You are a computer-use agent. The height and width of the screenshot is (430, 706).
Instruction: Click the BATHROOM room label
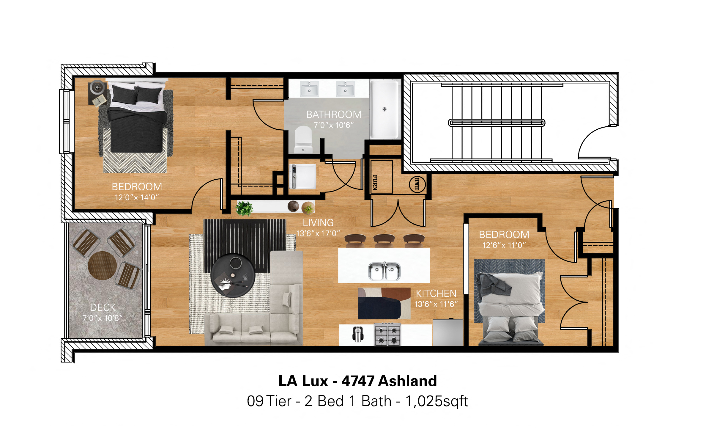coord(334,114)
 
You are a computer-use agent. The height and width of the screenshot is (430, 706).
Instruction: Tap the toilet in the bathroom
coord(303,139)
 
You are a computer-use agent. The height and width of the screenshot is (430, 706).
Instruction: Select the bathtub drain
coord(384,109)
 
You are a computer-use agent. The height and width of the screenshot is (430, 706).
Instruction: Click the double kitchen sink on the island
coord(384,271)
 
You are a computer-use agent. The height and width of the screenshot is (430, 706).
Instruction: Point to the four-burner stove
coord(387,335)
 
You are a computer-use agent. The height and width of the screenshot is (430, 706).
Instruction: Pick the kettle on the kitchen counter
coord(358,334)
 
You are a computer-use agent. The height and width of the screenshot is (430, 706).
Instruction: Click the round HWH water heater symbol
coord(417,184)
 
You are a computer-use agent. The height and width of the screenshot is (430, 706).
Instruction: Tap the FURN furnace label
coord(375,182)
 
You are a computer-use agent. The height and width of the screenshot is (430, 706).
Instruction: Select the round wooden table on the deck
coord(102,266)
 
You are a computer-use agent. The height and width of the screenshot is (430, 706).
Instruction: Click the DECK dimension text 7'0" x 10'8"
coord(103,318)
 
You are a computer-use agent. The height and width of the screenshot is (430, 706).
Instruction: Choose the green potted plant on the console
coord(244,208)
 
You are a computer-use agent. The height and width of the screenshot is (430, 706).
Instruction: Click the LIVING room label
coord(318,223)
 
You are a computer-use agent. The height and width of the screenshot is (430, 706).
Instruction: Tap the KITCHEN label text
coord(436,294)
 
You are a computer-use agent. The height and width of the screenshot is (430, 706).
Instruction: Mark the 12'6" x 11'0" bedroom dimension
coord(504,245)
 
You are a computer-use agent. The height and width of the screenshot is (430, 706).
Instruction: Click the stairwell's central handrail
coord(497,123)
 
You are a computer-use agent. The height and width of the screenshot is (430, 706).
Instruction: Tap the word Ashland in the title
coord(407,381)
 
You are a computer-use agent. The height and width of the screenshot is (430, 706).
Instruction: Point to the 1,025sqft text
coord(436,401)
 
